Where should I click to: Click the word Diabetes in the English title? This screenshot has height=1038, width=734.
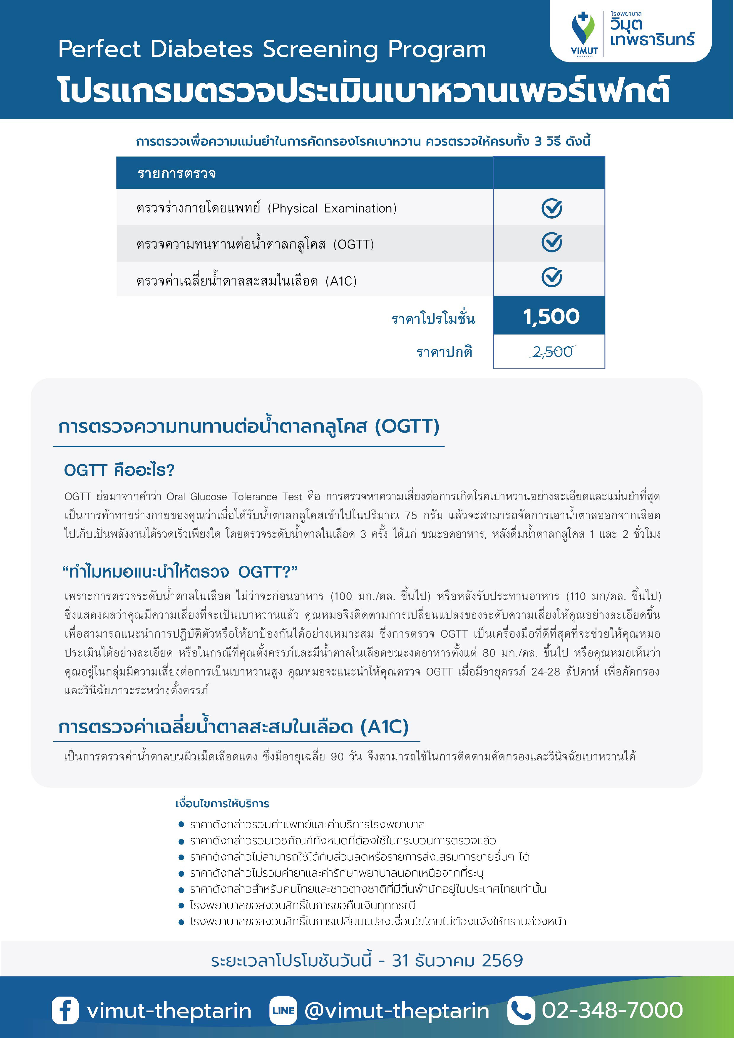(201, 49)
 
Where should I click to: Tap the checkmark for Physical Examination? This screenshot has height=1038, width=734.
(551, 208)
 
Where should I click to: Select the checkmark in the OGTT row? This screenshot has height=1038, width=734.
(551, 243)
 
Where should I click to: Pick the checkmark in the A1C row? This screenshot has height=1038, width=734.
(551, 278)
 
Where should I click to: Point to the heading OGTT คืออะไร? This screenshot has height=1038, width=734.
(119, 470)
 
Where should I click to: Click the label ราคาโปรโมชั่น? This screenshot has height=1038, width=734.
(433, 319)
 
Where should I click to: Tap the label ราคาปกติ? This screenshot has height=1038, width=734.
(444, 352)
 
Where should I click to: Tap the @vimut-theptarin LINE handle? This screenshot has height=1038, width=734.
(397, 1011)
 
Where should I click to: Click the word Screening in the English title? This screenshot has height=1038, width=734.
(320, 49)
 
